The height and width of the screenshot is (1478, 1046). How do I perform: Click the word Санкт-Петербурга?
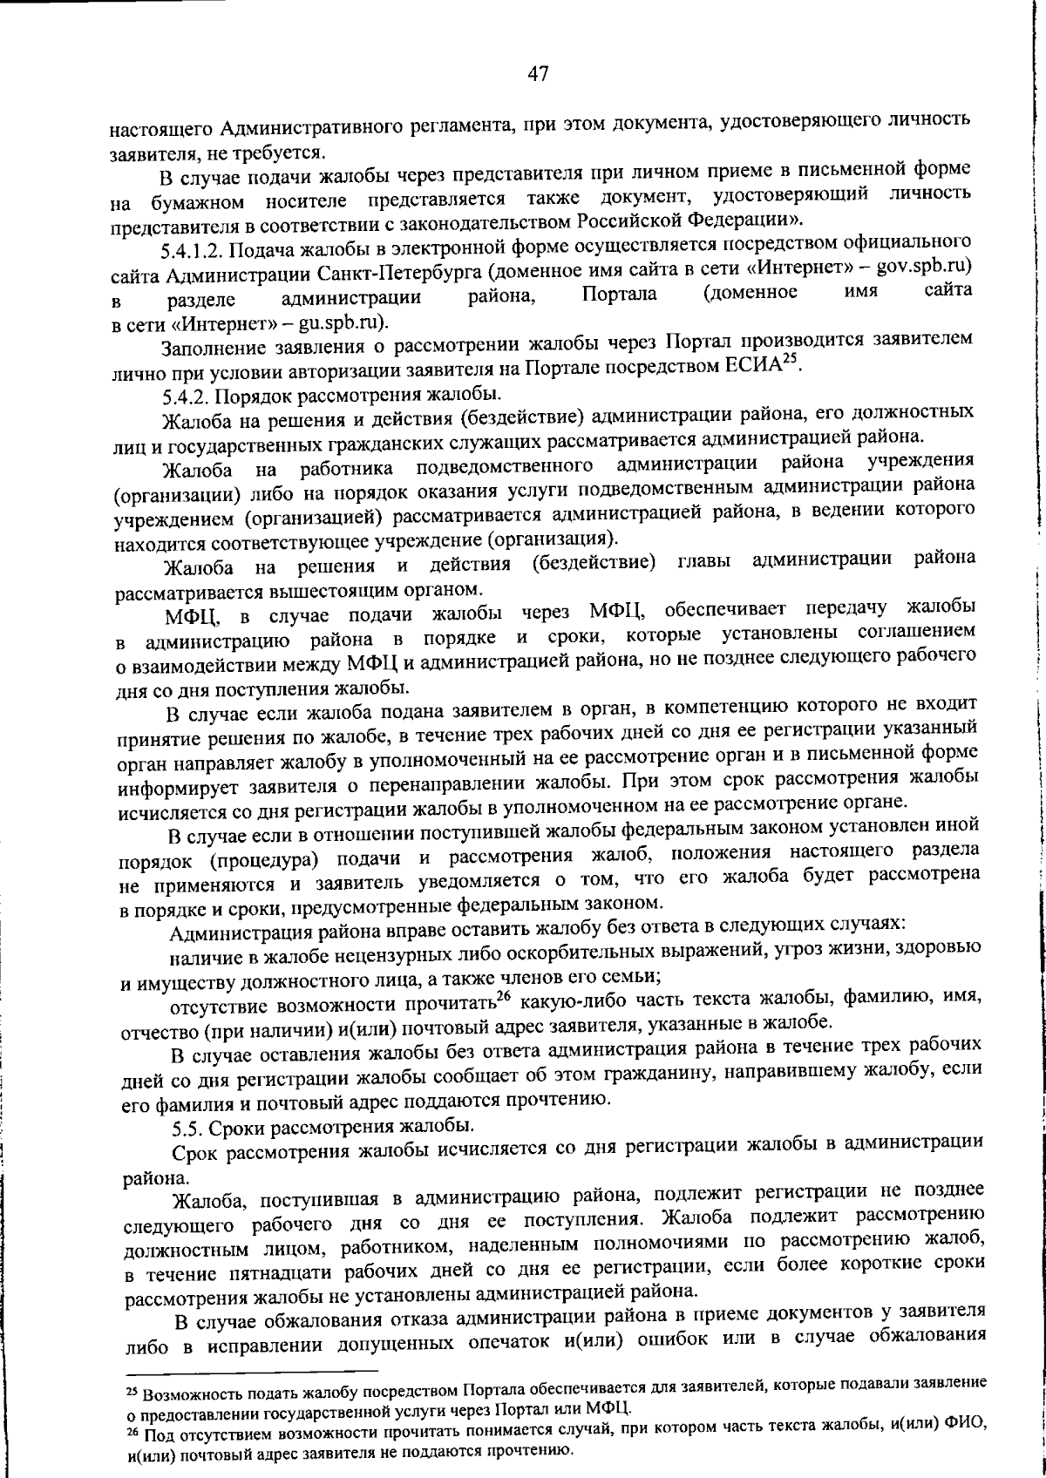point(397,277)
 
